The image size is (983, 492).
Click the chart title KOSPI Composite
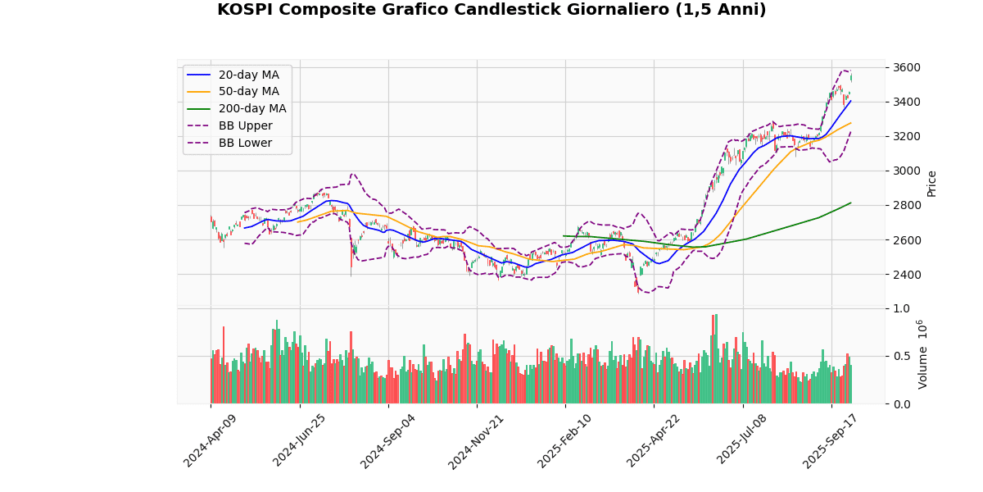491,10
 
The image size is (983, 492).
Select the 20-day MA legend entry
248,75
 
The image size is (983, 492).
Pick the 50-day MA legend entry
248,92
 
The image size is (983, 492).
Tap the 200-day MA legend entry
251,109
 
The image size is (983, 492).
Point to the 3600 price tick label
906,67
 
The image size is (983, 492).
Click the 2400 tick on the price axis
906,274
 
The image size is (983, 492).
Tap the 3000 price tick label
906,171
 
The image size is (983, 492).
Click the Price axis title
932,183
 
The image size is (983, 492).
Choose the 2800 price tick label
906,205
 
